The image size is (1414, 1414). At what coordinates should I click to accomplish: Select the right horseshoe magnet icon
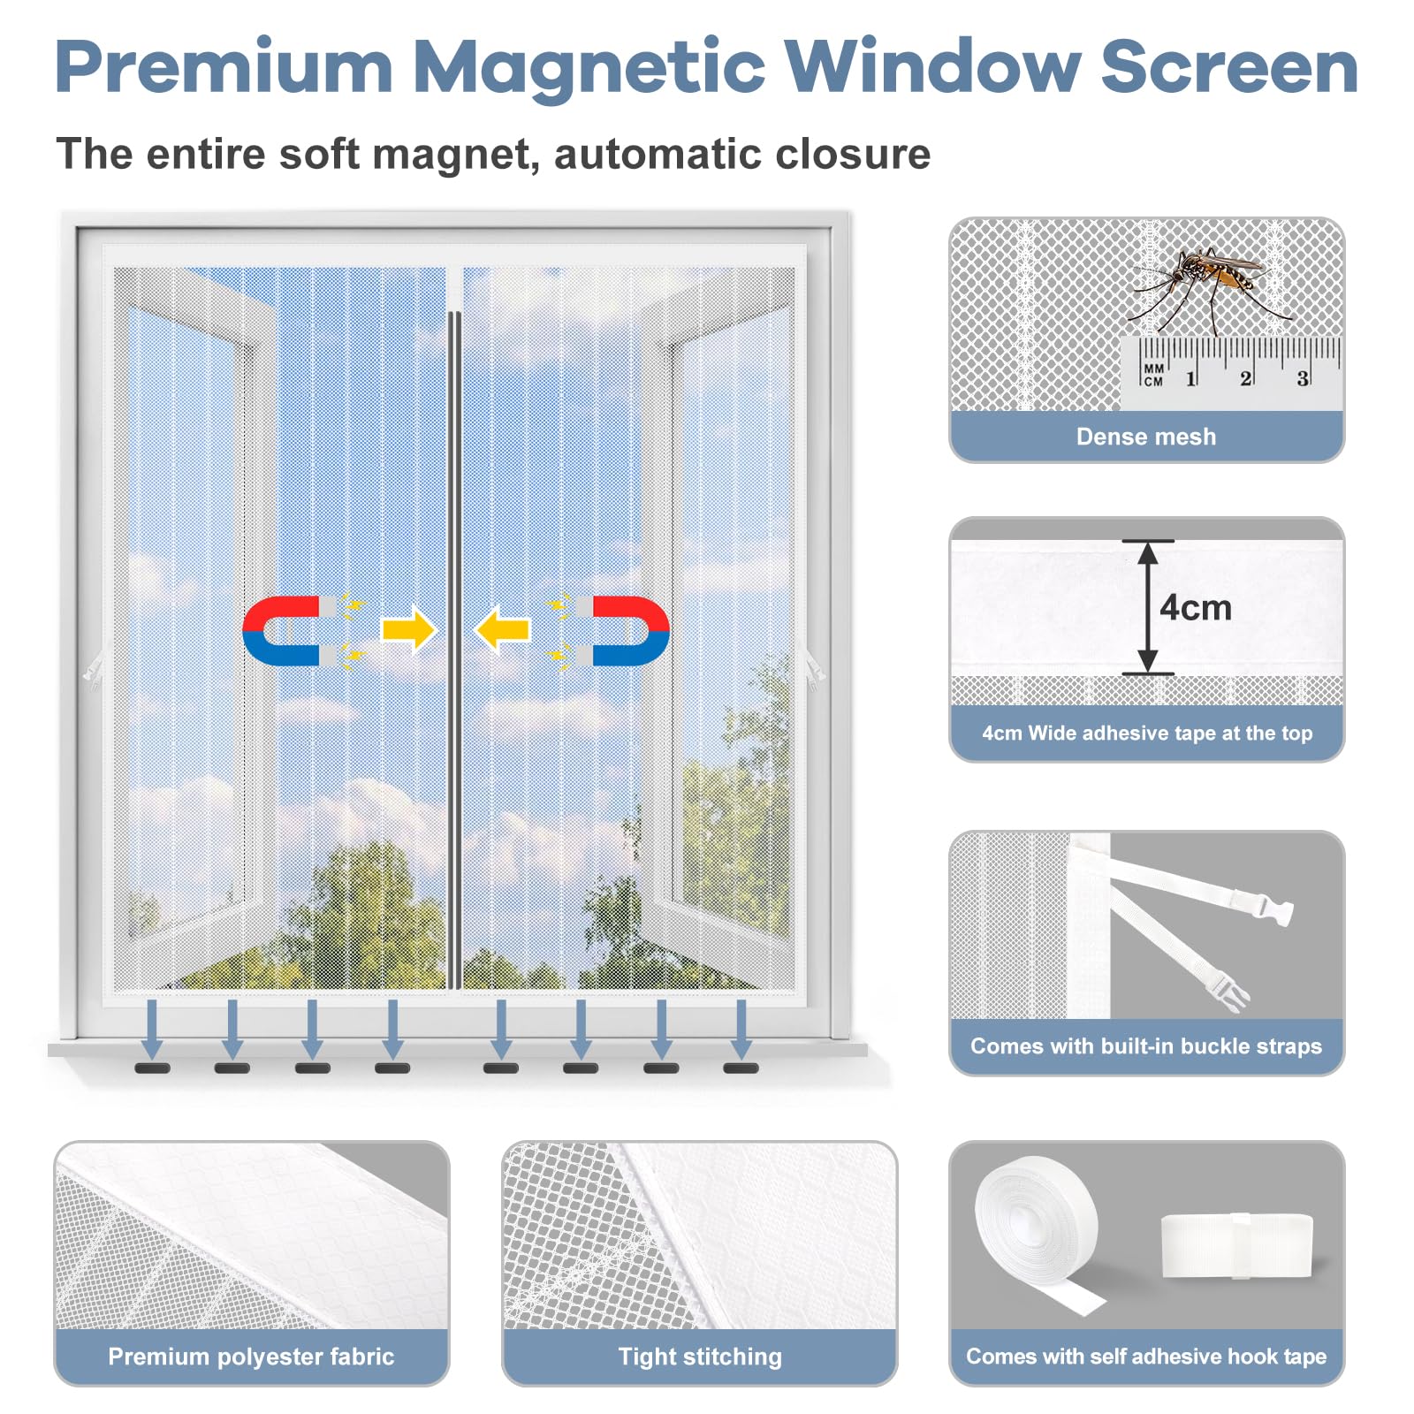point(629,630)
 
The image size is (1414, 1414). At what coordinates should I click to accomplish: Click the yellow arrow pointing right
point(408,630)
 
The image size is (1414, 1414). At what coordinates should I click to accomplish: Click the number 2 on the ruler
point(1245,378)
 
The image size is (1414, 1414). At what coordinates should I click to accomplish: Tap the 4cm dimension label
point(1195,608)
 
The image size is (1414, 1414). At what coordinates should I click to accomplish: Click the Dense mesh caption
point(1145,437)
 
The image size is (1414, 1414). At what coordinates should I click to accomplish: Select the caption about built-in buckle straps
point(1145,1046)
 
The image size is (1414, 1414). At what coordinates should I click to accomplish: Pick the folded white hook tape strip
point(1235,1244)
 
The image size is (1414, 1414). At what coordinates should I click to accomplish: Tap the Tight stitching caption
point(699,1357)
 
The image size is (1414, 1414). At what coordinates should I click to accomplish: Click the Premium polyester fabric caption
point(251,1357)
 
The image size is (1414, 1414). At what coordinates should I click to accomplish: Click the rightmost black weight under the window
point(741,1068)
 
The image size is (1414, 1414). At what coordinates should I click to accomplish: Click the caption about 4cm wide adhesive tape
point(1146,734)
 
